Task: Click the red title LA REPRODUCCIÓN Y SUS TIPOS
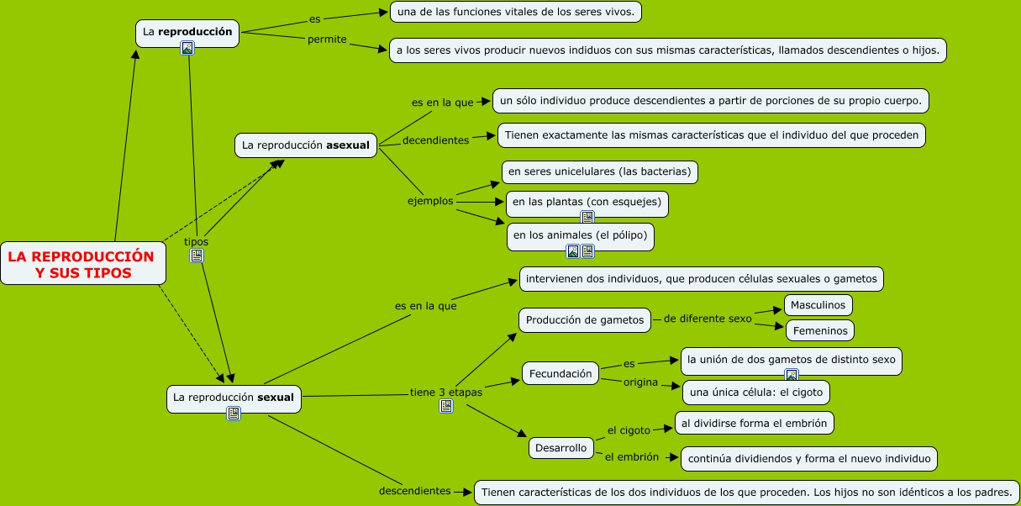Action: (82, 264)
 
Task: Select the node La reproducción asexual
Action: (305, 145)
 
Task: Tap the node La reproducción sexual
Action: (233, 396)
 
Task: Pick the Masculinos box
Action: (818, 304)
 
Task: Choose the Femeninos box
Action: (819, 330)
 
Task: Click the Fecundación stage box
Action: (560, 374)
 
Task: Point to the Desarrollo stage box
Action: (560, 448)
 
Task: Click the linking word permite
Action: (327, 40)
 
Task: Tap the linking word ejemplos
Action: (430, 201)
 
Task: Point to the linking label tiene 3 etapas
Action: (446, 392)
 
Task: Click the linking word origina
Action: (639, 382)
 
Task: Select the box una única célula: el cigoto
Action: (756, 393)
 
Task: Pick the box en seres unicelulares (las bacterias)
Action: (599, 172)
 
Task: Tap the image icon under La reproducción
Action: (187, 48)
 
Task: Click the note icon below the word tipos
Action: (197, 256)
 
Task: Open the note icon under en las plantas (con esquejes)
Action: (587, 217)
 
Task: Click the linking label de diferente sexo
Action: (708, 319)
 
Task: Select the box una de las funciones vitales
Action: (517, 12)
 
